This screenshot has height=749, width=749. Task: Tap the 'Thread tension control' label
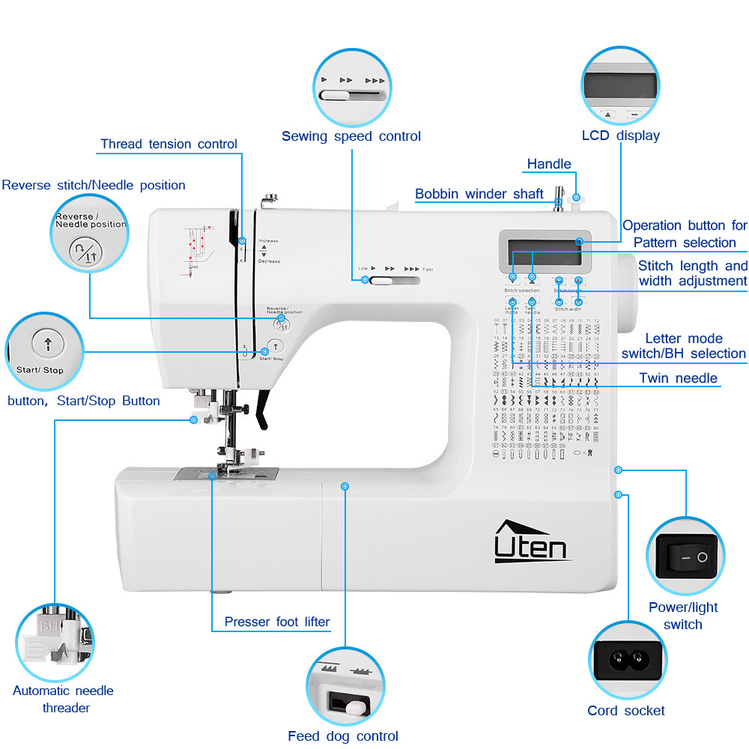pos(169,144)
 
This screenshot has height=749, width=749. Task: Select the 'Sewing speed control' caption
pos(351,136)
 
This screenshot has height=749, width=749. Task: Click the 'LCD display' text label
pos(620,136)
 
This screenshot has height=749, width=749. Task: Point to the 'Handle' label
pos(548,164)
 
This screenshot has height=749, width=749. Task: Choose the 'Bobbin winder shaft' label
pos(479,194)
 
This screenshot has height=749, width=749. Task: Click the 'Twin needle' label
pos(678,378)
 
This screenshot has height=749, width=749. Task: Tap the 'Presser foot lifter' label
pos(276,622)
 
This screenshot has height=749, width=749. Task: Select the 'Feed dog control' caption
pos(342,736)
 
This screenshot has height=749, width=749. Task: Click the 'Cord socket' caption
pos(625,711)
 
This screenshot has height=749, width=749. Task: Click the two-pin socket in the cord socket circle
pos(628,660)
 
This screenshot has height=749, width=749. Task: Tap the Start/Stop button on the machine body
pos(276,346)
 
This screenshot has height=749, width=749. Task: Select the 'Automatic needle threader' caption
pos(63,699)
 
